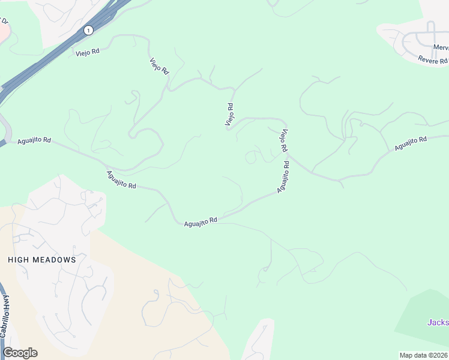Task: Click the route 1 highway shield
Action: coord(89,29)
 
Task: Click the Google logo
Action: coord(20,353)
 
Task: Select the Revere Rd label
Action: coord(433,61)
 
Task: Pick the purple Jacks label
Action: coord(438,322)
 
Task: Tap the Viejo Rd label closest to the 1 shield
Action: coord(88,52)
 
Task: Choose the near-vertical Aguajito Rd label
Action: coord(284,176)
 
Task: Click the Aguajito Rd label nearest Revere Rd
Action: coord(411,143)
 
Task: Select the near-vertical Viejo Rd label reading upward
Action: coord(229,114)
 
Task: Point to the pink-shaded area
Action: coord(3,30)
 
